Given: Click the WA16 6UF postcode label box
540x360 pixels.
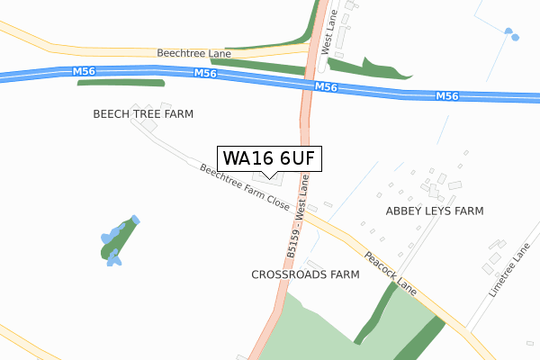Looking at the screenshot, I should click(268, 158).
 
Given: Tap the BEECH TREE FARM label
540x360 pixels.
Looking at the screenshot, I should click(143, 114).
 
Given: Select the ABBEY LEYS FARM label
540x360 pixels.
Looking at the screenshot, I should click(435, 211).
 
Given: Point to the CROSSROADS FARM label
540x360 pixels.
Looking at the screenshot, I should click(305, 274).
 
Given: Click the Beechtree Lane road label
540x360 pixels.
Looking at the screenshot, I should click(194, 54).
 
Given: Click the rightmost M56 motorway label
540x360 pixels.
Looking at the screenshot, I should click(446, 96).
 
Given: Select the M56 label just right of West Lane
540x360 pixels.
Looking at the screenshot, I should click(326, 87).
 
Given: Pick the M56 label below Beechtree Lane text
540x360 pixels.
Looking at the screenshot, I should click(206, 74).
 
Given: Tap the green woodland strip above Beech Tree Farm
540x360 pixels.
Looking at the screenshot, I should click(121, 83).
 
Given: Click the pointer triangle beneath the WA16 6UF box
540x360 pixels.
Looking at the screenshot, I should click(268, 175).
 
